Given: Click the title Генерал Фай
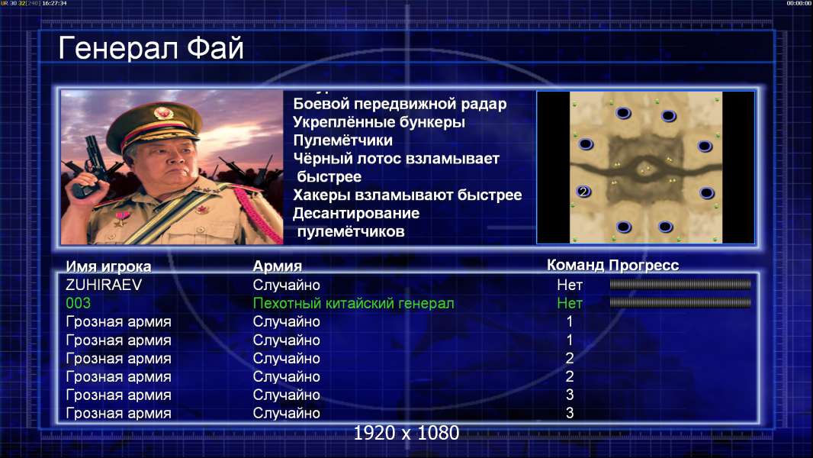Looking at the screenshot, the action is click(x=151, y=48).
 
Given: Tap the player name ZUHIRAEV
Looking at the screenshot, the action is click(x=104, y=285).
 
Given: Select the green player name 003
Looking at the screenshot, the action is click(x=79, y=303).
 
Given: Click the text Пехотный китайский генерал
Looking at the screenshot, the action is click(x=354, y=304).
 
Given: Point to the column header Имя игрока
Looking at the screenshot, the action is click(x=108, y=266).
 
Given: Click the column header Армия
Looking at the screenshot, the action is click(x=278, y=266).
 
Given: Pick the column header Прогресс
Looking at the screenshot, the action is click(x=644, y=265).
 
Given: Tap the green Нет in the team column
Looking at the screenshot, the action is click(x=570, y=303).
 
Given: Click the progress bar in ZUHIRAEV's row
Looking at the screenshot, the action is click(x=680, y=284).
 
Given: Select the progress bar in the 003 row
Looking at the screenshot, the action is click(x=680, y=302).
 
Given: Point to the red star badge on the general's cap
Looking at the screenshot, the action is click(x=162, y=112).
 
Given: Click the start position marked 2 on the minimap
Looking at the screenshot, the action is click(x=584, y=192).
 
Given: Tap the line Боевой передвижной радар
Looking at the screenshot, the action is click(x=400, y=104).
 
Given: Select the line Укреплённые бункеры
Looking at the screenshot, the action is click(x=379, y=122).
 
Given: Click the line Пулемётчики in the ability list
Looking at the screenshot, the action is click(x=342, y=140).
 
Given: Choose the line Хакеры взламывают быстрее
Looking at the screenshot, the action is click(x=407, y=195).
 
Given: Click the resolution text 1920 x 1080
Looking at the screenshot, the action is click(x=406, y=433).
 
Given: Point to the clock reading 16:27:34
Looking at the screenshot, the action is click(x=54, y=3).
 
